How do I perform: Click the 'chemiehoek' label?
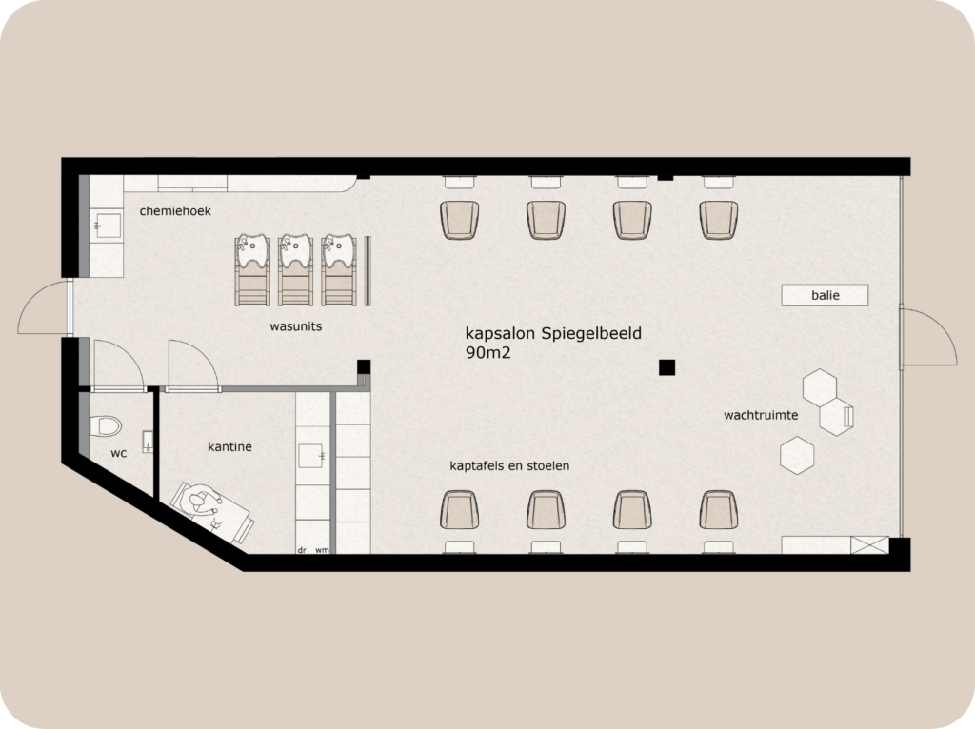175,210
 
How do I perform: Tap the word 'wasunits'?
295,326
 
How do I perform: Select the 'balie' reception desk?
825,295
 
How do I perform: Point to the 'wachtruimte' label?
761,415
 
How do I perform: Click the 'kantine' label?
229,445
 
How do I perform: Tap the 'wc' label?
118,453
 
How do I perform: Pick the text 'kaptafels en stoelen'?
509,466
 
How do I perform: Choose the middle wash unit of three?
296,269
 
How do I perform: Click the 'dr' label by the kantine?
302,550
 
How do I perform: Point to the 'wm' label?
322,550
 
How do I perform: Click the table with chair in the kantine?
210,510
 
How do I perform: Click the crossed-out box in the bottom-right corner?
869,545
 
